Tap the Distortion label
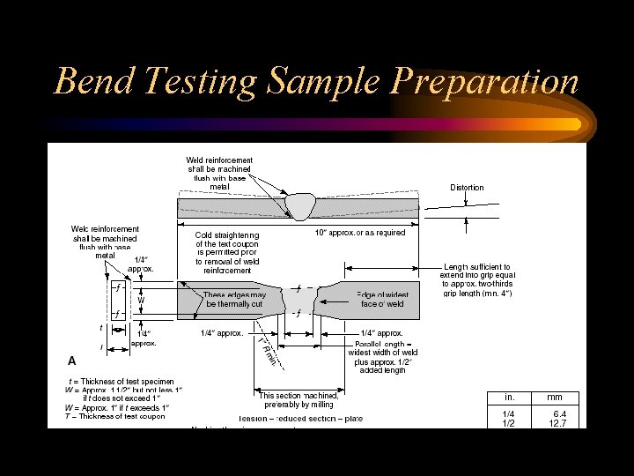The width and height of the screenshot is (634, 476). click(x=467, y=187)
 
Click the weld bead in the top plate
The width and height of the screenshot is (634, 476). click(x=299, y=207)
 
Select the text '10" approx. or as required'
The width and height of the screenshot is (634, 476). click(x=360, y=233)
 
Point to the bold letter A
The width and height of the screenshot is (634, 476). click(x=72, y=361)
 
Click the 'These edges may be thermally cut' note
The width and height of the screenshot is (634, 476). click(x=233, y=299)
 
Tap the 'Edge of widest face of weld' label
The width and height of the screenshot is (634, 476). click(x=381, y=299)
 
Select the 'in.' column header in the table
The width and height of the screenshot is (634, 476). click(x=509, y=397)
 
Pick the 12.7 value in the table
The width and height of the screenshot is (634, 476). click(x=558, y=423)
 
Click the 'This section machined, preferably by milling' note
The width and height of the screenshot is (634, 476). click(x=296, y=399)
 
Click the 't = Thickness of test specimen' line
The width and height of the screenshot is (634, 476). click(x=122, y=381)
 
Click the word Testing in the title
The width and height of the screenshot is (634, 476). click(x=209, y=81)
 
